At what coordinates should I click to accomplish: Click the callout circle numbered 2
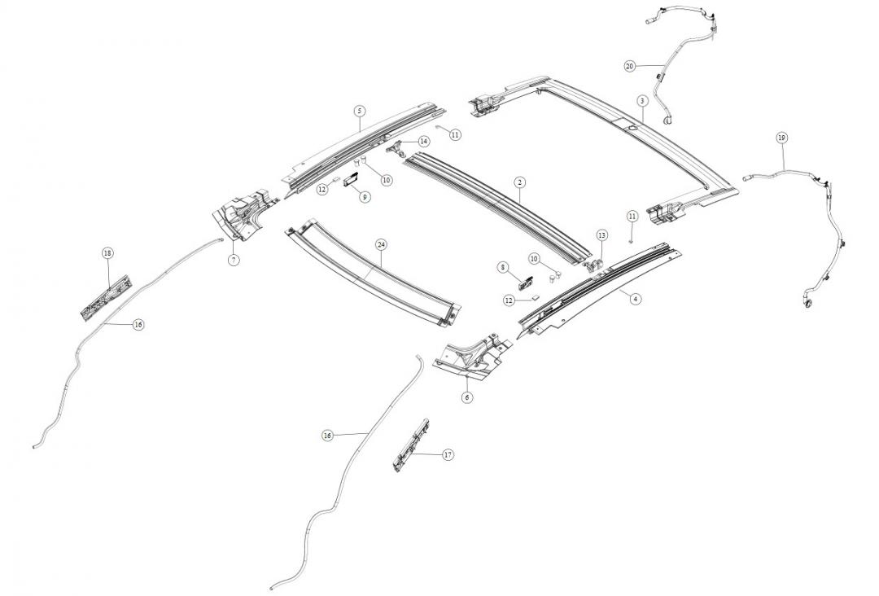[519, 184]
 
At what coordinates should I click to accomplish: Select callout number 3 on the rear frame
[642, 101]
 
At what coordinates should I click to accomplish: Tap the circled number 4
[636, 299]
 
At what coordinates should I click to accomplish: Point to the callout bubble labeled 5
[359, 111]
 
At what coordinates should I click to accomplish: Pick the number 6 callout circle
[467, 397]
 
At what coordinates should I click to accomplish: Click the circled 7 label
[234, 260]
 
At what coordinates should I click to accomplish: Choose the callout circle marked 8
[503, 267]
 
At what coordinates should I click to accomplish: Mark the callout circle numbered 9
[365, 196]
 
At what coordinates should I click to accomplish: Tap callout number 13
[602, 235]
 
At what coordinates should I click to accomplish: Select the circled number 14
[424, 142]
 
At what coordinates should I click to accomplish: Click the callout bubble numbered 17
[448, 454]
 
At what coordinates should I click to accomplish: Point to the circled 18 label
[107, 253]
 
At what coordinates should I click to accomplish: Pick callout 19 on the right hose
[781, 138]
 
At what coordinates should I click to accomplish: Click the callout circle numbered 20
[629, 66]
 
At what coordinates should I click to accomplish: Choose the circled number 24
[381, 244]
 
